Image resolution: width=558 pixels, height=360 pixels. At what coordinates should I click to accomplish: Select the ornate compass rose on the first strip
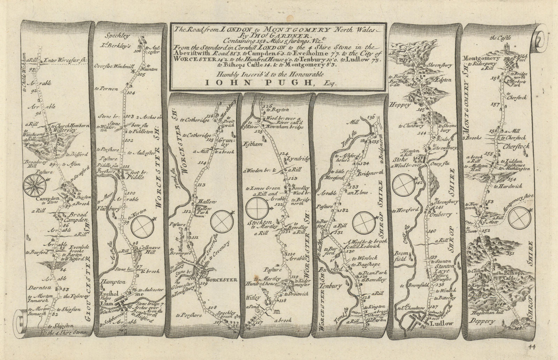coord(34,184)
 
